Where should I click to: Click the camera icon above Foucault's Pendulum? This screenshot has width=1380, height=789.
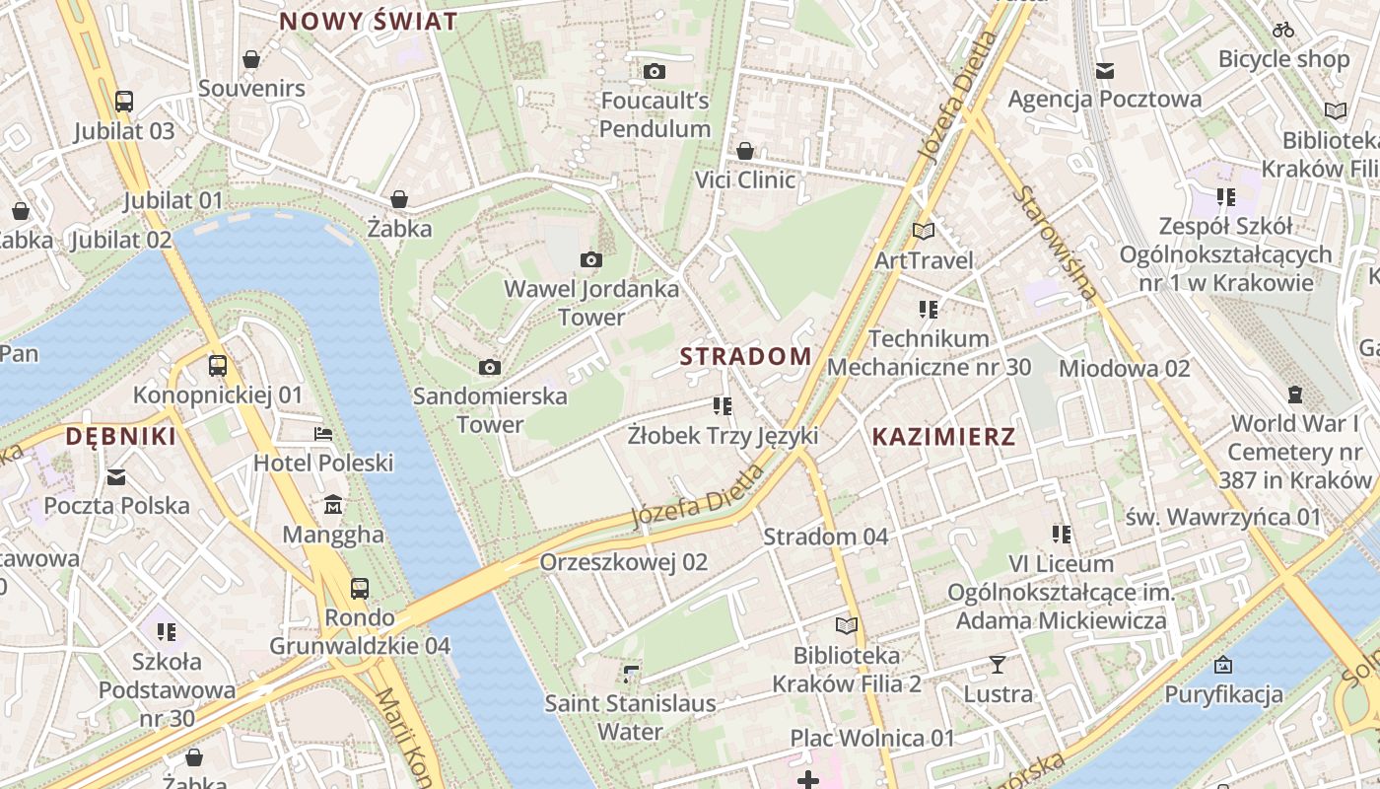tap(654, 71)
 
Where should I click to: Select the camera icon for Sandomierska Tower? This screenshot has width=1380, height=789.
tap(489, 368)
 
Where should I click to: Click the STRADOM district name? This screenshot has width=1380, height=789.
tap(746, 356)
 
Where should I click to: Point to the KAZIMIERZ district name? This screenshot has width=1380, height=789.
tap(943, 436)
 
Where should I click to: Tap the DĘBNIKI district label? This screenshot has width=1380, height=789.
tap(121, 436)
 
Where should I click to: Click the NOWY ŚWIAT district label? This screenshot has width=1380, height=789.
tap(369, 22)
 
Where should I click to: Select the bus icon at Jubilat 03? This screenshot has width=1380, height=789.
tap(124, 101)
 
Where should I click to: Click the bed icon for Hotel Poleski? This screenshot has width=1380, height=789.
tap(323, 433)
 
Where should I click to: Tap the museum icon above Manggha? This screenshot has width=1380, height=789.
tap(333, 505)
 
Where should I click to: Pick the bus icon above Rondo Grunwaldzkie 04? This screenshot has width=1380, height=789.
tap(360, 589)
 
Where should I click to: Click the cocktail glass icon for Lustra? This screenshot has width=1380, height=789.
tap(998, 665)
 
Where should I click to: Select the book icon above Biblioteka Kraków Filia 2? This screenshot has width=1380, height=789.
tap(847, 625)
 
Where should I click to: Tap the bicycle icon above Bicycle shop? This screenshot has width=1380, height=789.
tap(1283, 30)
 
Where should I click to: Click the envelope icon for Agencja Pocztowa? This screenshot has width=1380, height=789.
tap(1105, 70)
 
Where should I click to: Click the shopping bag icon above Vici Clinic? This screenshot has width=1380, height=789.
tap(745, 151)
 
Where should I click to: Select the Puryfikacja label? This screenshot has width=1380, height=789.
tap(1224, 693)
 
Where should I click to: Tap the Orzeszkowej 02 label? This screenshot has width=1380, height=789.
tap(624, 562)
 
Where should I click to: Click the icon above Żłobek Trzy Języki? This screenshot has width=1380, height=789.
tap(723, 405)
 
